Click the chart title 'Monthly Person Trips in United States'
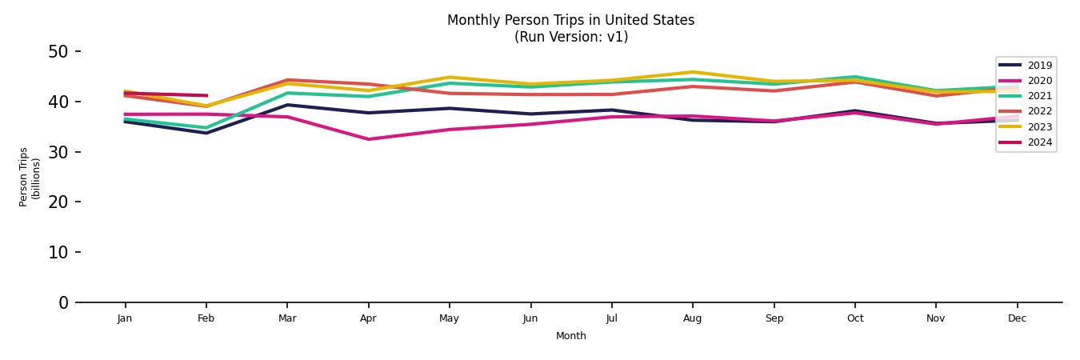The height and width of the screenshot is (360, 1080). (x=570, y=20)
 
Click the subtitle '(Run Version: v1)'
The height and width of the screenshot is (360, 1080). (x=570, y=37)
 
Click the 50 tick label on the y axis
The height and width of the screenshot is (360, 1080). (x=59, y=52)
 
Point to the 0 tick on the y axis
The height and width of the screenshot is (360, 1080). (x=64, y=302)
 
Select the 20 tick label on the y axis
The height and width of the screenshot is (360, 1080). (x=59, y=202)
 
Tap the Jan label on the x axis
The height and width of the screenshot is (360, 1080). (x=125, y=318)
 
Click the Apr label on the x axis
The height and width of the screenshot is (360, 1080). (x=368, y=318)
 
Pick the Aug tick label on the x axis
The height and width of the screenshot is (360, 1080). (x=693, y=318)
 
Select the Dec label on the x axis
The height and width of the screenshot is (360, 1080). (x=1017, y=318)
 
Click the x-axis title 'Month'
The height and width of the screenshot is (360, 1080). (x=570, y=336)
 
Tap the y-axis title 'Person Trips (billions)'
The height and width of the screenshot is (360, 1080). (x=30, y=177)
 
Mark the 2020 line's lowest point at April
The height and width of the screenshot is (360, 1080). (x=368, y=139)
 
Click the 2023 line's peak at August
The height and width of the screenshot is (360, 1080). (x=693, y=72)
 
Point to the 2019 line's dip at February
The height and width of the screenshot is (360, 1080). (x=206, y=133)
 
